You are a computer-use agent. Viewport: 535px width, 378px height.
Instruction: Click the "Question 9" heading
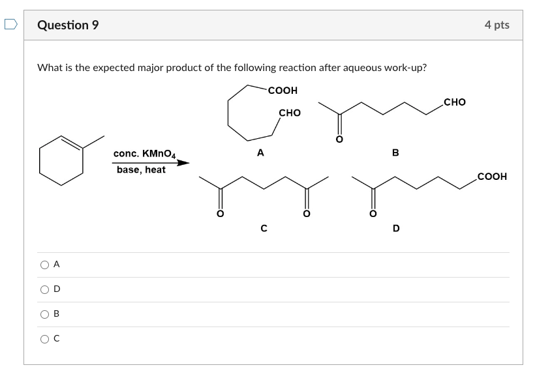(68, 25)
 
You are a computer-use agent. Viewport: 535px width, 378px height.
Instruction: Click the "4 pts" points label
(497, 25)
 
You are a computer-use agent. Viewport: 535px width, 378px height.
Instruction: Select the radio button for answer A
(44, 265)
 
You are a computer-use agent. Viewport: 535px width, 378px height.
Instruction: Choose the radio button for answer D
(44, 289)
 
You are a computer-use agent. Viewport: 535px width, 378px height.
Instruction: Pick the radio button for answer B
(44, 314)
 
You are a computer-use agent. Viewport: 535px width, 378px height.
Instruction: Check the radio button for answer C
(44, 339)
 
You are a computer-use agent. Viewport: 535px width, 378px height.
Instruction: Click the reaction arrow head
(183, 163)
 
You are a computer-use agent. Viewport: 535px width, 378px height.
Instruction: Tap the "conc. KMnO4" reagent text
(144, 154)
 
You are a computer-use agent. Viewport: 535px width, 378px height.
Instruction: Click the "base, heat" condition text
(141, 169)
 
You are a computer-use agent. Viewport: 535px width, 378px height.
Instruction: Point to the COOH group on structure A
(283, 91)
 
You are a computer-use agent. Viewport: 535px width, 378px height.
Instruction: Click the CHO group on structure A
(290, 113)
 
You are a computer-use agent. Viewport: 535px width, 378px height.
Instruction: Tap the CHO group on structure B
(454, 102)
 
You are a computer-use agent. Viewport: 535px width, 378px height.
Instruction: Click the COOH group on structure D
(492, 177)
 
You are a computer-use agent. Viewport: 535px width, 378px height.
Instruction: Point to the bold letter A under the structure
(260, 153)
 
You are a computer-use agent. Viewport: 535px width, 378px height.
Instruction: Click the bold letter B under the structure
(395, 153)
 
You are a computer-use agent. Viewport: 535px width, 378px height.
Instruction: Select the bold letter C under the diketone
(264, 228)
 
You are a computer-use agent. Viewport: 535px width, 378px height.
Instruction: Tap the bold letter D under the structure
(396, 228)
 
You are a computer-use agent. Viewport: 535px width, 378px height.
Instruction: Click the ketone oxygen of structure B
(339, 139)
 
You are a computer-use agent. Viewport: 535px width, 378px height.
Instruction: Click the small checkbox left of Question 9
(10, 25)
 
